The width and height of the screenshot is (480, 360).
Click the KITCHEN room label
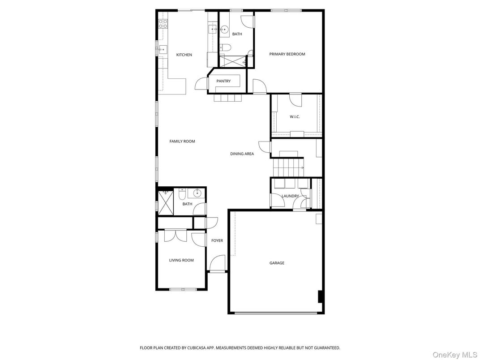[184, 55]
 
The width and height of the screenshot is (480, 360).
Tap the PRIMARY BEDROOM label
[287, 54]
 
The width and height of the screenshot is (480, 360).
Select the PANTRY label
[223, 81]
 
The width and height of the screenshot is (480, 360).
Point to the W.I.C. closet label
[295, 117]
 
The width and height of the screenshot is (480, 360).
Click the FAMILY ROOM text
[182, 141]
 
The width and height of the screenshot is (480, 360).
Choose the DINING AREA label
[242, 154]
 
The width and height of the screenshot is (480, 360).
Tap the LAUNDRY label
[290, 196]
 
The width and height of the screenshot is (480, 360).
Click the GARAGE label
[277, 263]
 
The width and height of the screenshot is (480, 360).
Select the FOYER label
[217, 241]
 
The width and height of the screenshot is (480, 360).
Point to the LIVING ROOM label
[181, 260]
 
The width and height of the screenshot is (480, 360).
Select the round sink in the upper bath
[224, 30]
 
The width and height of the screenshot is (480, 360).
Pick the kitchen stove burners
[162, 23]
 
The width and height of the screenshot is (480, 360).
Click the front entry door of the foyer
[218, 264]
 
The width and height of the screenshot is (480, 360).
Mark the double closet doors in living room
[175, 236]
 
